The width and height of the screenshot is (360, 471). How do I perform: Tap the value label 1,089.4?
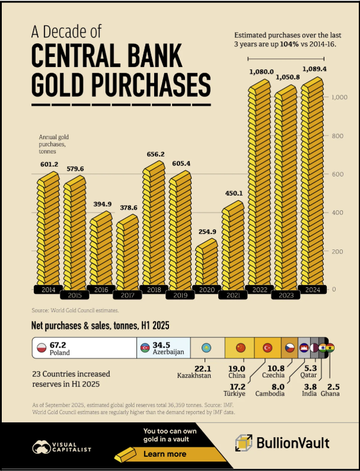click(x=314, y=69)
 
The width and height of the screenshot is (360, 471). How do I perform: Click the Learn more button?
click(x=165, y=454)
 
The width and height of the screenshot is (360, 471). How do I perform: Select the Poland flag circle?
click(x=42, y=348)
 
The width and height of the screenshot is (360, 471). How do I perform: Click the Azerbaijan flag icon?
click(x=145, y=348)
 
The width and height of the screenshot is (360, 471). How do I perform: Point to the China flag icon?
click(x=240, y=348)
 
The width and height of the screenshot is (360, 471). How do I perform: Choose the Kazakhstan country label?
click(x=195, y=376)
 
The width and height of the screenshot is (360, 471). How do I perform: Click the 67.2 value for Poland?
click(x=58, y=344)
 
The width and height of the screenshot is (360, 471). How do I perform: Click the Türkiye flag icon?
click(x=267, y=348)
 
